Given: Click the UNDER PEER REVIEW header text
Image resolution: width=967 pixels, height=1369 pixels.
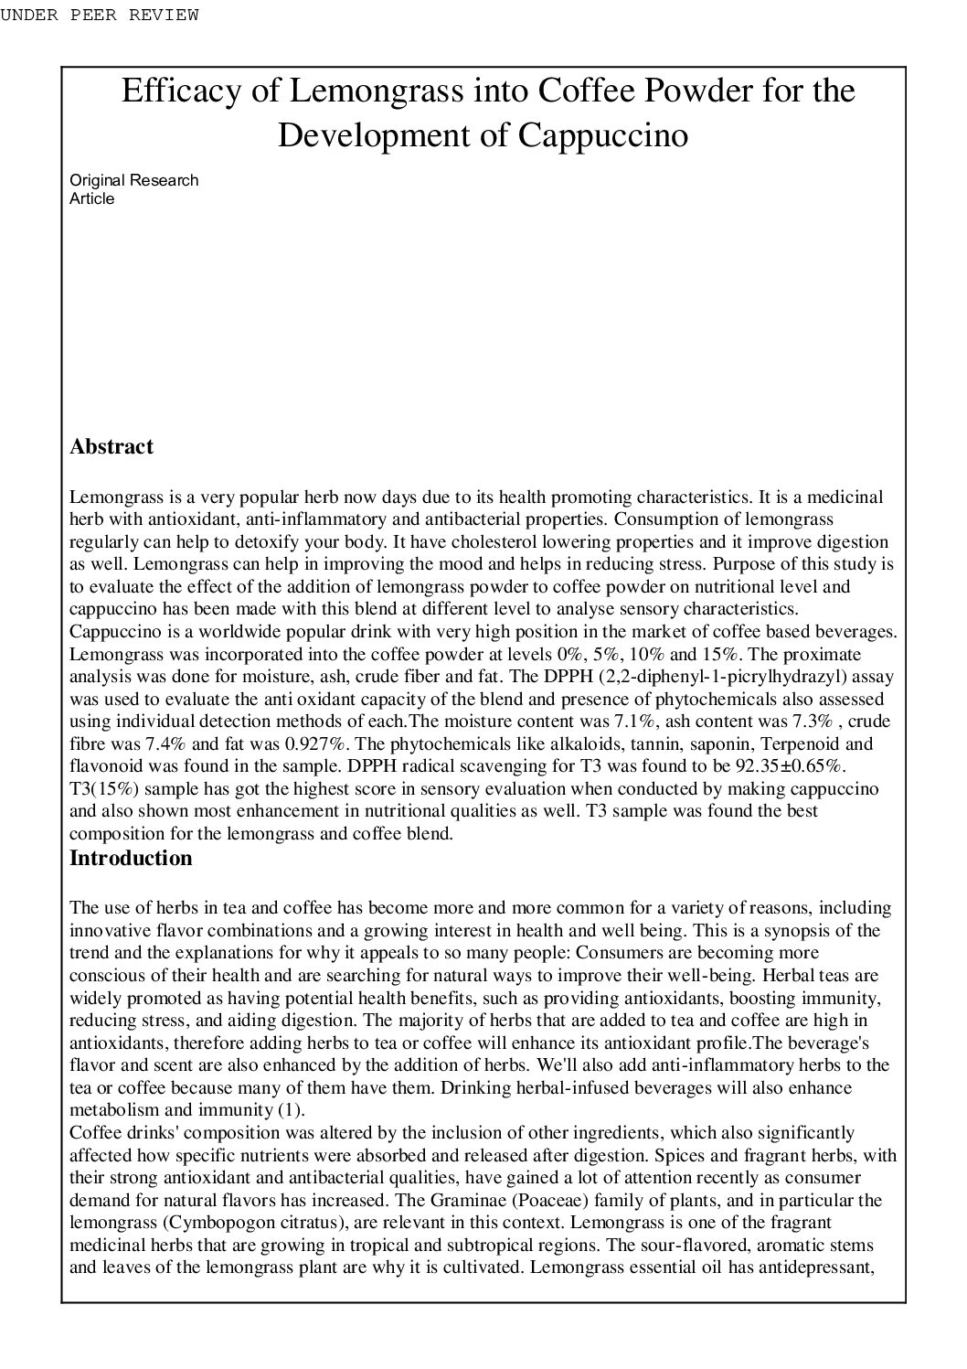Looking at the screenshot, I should (x=99, y=15).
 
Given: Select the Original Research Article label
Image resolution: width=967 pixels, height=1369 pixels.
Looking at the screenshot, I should (x=133, y=189).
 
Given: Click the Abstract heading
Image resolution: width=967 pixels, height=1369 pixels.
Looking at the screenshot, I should (x=112, y=447).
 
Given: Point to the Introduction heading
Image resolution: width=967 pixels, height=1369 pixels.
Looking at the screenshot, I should (x=131, y=858).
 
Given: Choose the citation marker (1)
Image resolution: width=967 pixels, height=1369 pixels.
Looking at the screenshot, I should (x=290, y=1110).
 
